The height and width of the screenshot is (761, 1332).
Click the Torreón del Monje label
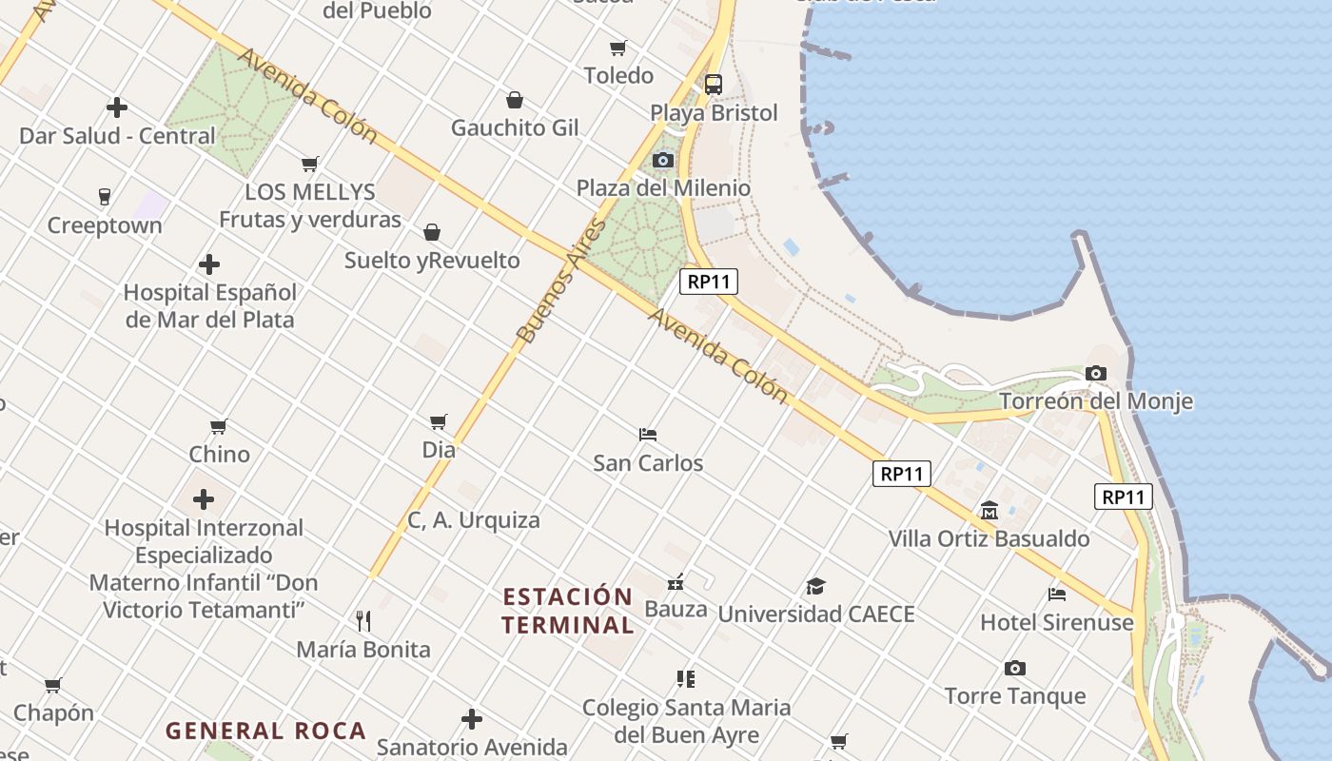coord(1095,400)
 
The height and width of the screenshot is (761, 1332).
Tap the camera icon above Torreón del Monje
coord(1096,373)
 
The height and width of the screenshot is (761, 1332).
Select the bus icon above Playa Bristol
coord(714,84)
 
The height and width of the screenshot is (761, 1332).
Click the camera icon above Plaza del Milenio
coord(663,160)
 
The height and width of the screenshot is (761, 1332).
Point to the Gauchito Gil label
coord(515,127)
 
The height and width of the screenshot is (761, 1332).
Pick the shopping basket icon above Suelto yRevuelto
coord(432,232)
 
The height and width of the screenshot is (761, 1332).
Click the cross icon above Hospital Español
coord(209,263)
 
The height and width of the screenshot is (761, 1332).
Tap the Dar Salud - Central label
coord(118,135)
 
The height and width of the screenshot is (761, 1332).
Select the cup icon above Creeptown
coord(105,197)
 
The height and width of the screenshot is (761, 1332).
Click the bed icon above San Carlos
coord(648,435)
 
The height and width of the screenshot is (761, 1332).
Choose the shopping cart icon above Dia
coord(439,420)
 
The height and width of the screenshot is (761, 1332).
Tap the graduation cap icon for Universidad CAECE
coord(815,586)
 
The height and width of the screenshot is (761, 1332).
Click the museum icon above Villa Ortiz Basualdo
coord(989,510)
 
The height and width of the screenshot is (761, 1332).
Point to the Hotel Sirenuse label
coord(1057,622)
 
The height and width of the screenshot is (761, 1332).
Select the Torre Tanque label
coord(1015,695)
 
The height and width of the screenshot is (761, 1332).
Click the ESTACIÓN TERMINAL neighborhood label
coord(568,611)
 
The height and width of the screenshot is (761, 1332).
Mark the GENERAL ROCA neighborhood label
coord(265,731)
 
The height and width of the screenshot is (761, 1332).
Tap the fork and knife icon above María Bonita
coord(363,621)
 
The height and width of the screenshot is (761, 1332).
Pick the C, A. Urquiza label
coord(474,519)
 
